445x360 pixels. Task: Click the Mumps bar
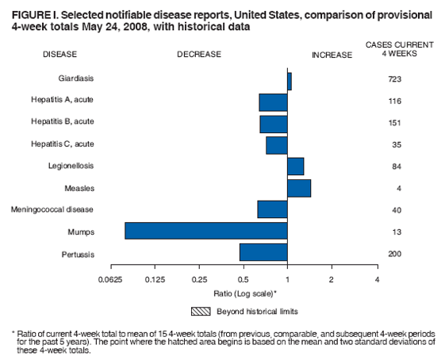pyautogui.click(x=206, y=231)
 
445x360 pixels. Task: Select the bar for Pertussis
pyautogui.click(x=263, y=252)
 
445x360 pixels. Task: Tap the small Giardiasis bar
pyautogui.click(x=290, y=81)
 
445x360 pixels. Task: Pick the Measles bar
pyautogui.click(x=299, y=188)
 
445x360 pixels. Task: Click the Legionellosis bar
pyautogui.click(x=296, y=167)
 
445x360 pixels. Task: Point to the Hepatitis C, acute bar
pyautogui.click(x=277, y=145)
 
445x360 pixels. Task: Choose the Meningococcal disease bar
pyautogui.click(x=273, y=209)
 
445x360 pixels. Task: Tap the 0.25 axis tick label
pyautogui.click(x=199, y=280)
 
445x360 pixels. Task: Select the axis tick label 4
pyautogui.click(x=378, y=280)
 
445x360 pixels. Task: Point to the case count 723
pyautogui.click(x=394, y=80)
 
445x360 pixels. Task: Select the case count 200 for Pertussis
pyautogui.click(x=394, y=253)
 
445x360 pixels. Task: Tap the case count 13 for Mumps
pyautogui.click(x=394, y=232)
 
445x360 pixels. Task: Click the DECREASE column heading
pyautogui.click(x=199, y=55)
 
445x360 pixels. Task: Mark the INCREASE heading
pyautogui.click(x=332, y=55)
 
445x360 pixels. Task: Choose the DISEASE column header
pyautogui.click(x=60, y=55)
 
